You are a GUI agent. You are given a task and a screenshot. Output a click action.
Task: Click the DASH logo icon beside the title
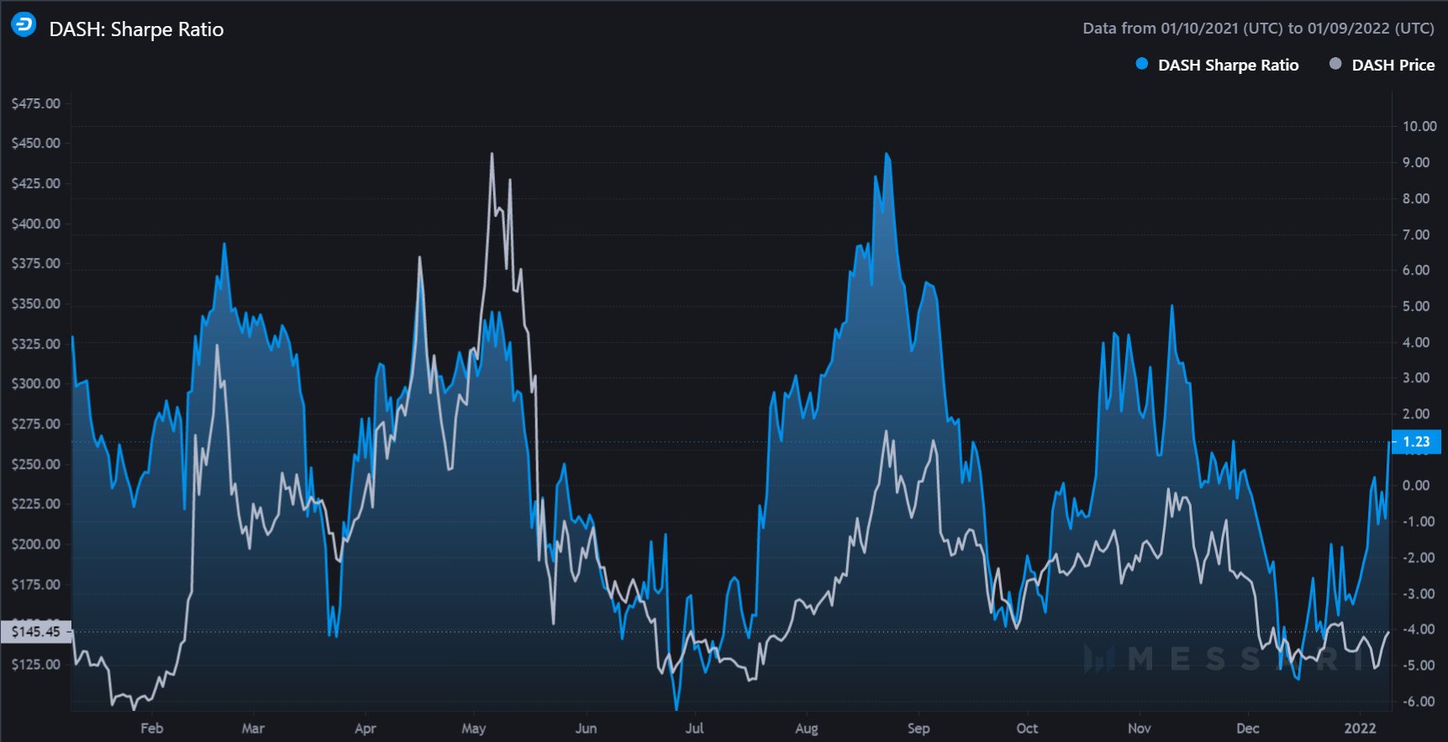coord(24,25)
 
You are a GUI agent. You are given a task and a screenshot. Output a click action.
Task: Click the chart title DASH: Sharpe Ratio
coord(136,29)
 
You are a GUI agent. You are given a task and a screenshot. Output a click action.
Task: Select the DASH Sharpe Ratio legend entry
coord(1227,65)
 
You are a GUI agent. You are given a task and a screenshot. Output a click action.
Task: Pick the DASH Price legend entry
coord(1392,65)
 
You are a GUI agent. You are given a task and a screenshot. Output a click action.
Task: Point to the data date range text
coord(1257,28)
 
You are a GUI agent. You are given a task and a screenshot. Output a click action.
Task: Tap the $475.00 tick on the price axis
coord(35,103)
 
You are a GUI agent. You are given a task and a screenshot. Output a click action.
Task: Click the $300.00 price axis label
coord(35,383)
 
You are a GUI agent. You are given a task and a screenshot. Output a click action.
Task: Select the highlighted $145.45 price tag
coord(35,631)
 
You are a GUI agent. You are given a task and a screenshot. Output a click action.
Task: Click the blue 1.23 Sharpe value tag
coord(1416,441)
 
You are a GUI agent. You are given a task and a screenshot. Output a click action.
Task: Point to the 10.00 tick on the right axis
coord(1419,126)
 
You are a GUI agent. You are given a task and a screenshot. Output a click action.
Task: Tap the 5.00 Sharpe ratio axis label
coord(1416,306)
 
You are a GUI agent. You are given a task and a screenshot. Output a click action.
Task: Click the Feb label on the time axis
coord(151,728)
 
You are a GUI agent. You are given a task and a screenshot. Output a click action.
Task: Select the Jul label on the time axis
coord(694,728)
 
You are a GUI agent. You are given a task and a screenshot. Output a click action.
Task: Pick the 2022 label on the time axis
coord(1360,728)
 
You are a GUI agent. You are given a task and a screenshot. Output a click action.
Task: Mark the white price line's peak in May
coord(492,154)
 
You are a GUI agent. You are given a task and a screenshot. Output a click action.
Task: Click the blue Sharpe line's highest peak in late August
coord(887,155)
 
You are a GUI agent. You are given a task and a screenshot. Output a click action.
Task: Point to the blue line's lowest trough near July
coord(677,708)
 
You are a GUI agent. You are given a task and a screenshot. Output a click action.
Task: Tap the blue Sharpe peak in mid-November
coord(1172,307)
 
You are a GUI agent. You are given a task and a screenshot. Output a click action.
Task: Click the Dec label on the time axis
coord(1247,728)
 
